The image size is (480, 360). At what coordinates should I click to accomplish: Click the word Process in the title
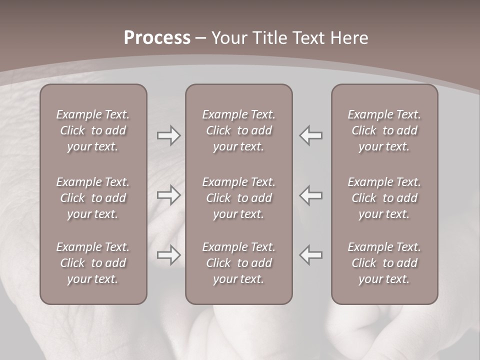tap(157, 38)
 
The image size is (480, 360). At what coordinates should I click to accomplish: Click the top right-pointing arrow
tap(169, 136)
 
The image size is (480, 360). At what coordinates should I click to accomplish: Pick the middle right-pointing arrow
tap(169, 195)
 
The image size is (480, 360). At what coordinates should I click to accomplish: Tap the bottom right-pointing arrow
tap(169, 255)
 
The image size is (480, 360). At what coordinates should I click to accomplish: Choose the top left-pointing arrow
tap(311, 136)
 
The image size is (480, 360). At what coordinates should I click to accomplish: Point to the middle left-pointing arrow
tap(311, 195)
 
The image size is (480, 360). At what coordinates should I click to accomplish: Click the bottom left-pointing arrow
tap(311, 255)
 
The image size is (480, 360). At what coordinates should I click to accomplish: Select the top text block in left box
tap(93, 130)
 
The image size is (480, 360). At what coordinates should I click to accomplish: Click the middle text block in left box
tap(93, 198)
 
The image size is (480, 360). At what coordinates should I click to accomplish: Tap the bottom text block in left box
tap(93, 263)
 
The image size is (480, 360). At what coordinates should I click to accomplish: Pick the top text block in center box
tap(239, 130)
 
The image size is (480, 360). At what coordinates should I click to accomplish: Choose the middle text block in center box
tap(239, 198)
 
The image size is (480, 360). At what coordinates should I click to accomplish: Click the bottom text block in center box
tap(239, 263)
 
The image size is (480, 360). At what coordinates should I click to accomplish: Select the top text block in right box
tap(384, 130)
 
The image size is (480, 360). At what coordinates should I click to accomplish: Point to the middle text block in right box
tap(384, 198)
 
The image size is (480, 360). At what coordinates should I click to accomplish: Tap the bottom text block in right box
tap(384, 263)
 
